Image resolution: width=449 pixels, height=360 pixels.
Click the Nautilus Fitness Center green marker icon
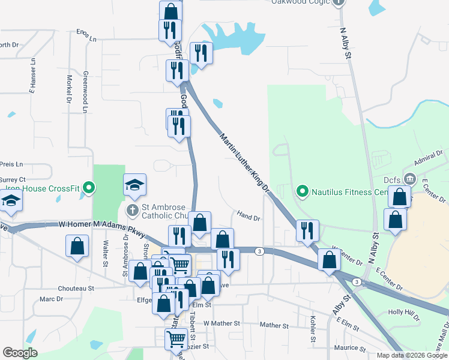302,192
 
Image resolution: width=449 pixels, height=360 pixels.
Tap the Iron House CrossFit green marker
89,188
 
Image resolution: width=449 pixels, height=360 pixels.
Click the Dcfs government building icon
410,179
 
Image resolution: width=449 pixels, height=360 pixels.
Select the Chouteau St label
75,288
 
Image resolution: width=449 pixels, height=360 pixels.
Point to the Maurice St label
349,347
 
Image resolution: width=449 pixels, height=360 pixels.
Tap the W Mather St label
221,323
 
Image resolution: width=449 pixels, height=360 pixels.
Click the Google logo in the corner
20,353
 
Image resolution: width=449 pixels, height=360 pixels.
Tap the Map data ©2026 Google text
412,355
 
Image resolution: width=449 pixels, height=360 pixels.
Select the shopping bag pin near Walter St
77,246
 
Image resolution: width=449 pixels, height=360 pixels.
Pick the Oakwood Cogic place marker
339,2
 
